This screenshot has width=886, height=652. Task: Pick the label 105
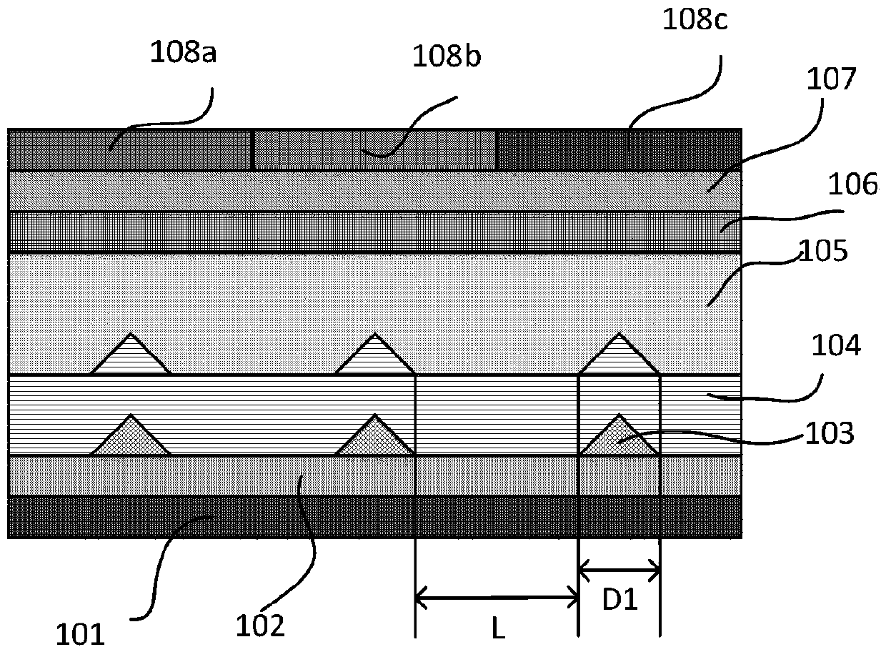825,252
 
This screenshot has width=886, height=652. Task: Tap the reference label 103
830,433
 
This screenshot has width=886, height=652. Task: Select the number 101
80,635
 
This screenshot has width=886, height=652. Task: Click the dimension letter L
498,628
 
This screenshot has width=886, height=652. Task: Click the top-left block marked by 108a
131,150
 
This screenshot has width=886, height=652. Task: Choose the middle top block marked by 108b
375,150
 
